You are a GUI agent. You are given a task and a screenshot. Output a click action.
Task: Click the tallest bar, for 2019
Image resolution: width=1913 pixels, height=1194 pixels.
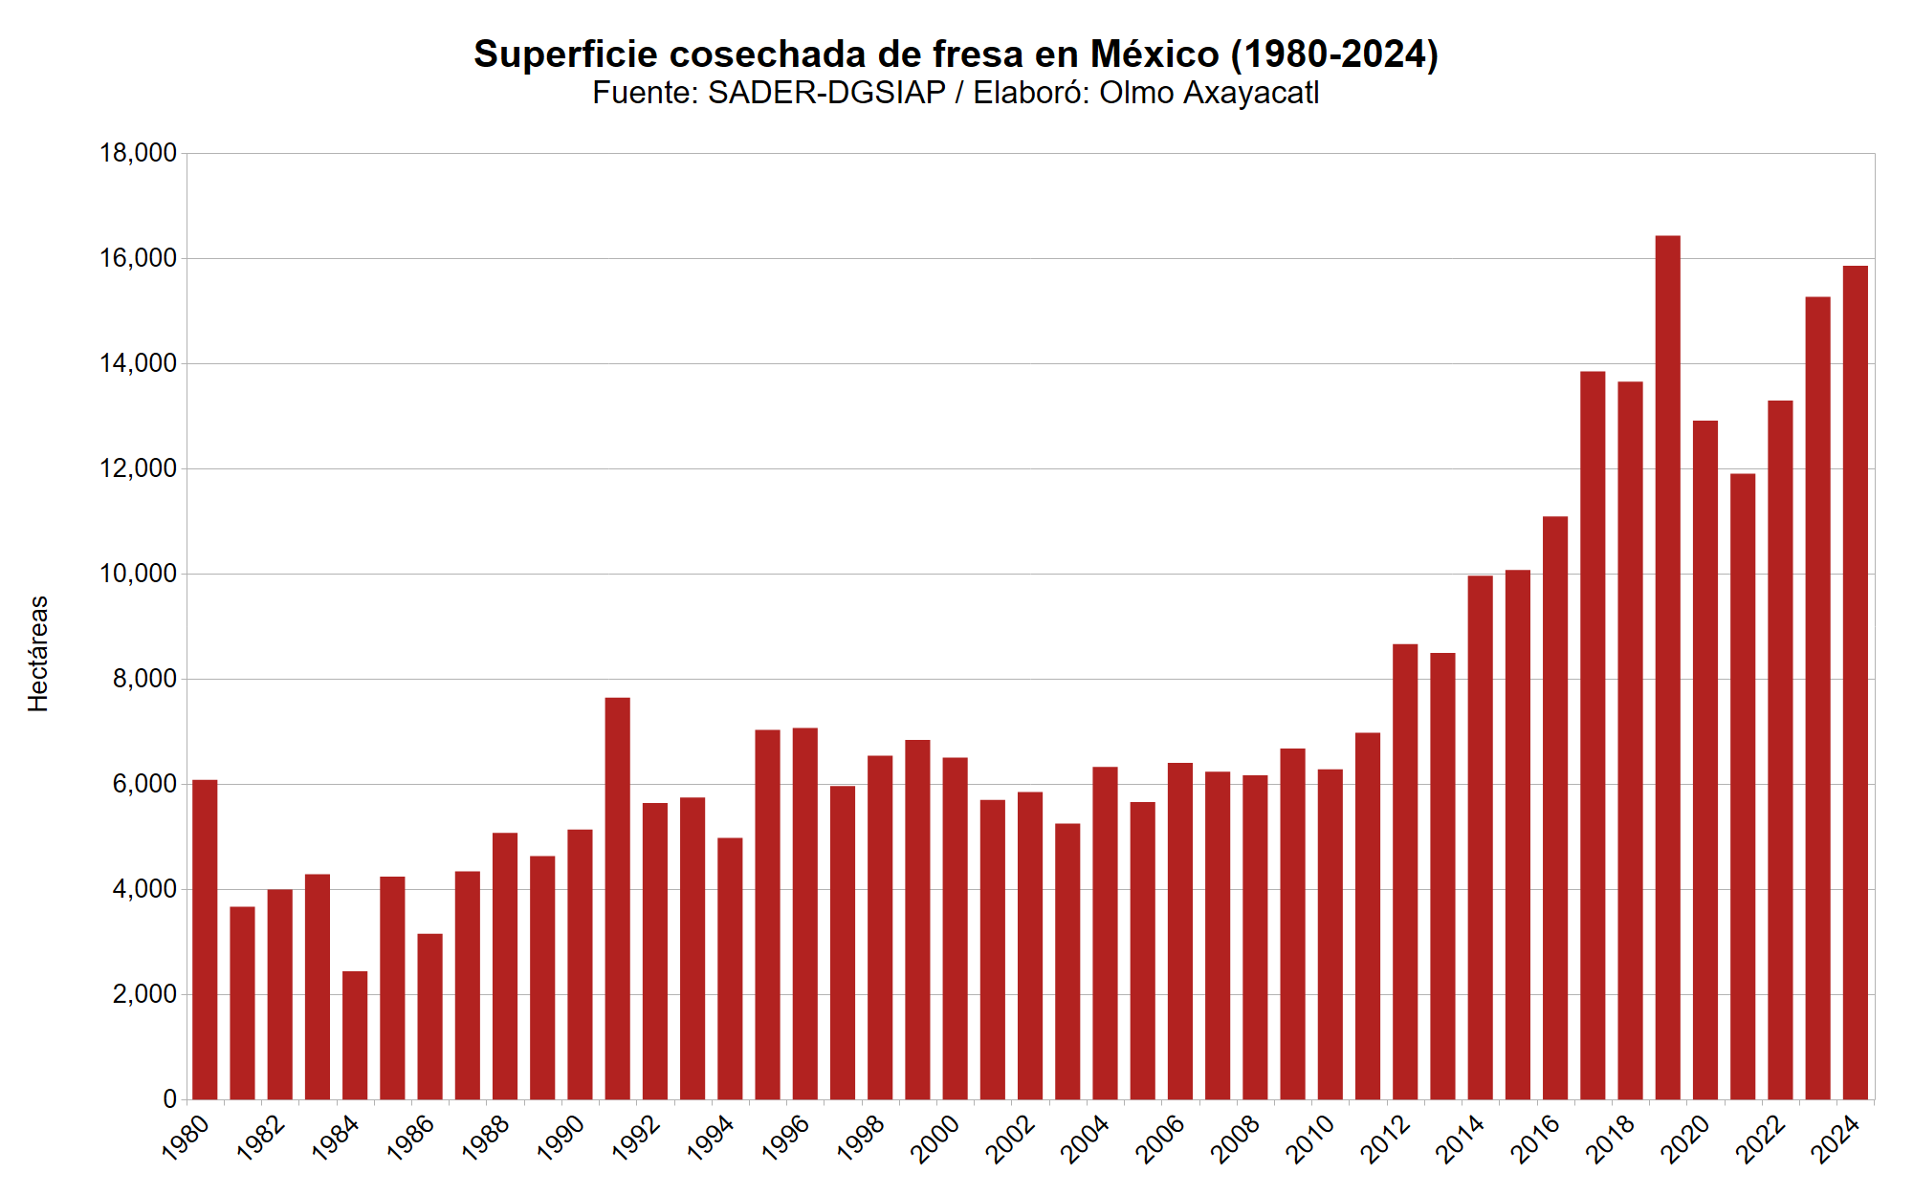[x=1667, y=669]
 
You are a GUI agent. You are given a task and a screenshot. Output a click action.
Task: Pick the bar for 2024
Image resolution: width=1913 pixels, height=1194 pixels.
[x=1855, y=684]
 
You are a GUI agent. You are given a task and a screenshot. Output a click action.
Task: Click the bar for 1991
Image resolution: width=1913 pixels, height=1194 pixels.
[x=617, y=899]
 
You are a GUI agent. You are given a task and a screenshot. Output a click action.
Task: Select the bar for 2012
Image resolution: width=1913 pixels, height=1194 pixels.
[x=1405, y=872]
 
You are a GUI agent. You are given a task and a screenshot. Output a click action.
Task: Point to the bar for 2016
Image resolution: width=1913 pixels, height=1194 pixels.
[x=1555, y=808]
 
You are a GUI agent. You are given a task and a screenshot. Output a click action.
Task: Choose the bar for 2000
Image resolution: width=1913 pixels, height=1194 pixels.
[x=955, y=928]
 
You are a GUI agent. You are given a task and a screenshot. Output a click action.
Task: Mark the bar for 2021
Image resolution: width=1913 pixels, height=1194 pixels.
[x=1743, y=787]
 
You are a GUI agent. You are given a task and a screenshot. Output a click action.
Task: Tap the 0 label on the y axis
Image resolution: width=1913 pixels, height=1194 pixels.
[x=169, y=1099]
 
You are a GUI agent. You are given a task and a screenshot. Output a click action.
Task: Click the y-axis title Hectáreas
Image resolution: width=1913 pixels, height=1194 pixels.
[x=38, y=654]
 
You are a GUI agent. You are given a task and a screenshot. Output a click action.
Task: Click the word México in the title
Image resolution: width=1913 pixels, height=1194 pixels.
[x=1154, y=54]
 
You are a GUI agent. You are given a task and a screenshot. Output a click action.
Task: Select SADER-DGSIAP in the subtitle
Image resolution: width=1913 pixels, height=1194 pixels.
[x=826, y=93]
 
